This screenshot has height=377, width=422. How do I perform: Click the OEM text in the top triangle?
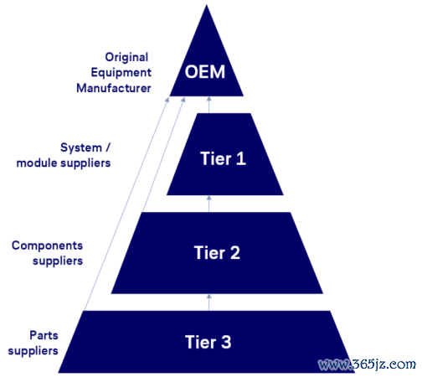[205, 72]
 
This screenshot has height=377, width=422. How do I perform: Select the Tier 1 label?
[223, 158]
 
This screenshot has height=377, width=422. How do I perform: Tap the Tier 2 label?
[217, 253]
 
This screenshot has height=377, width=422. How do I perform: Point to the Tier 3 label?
[208, 342]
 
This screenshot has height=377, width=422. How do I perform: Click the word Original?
[126, 57]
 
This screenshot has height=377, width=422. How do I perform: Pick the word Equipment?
[121, 73]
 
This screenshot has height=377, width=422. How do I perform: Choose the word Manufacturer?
[114, 88]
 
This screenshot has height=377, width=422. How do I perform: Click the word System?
[81, 147]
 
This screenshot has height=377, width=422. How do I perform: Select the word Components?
[47, 246]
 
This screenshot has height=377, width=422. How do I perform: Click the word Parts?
[44, 335]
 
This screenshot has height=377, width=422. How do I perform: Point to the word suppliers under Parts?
[33, 351]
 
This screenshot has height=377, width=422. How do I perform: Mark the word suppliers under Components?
[58, 261]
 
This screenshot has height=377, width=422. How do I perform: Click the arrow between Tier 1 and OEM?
[208, 105]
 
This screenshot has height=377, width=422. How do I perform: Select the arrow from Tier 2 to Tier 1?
[208, 204]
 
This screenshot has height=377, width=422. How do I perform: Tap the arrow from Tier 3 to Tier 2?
[208, 302]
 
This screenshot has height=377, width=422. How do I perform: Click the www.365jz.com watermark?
[367, 364]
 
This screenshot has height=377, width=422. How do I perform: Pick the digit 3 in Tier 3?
[226, 342]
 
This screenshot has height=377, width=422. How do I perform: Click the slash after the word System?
[108, 147]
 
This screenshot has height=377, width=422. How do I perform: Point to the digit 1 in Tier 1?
[241, 158]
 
